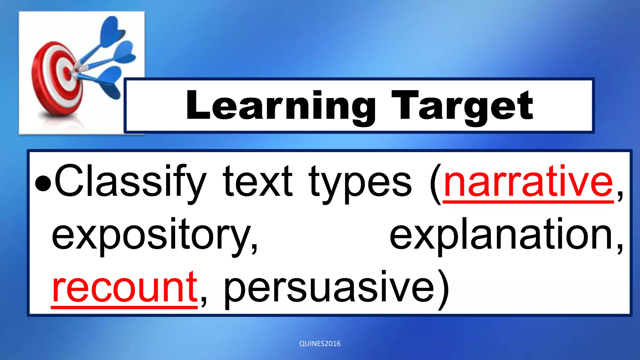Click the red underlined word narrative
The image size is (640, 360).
pos(528,183)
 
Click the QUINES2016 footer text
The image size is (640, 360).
pos(320,344)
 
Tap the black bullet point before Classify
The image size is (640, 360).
pos(43,184)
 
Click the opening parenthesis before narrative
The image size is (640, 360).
pos(436,184)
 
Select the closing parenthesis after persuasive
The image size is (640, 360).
pos(443,289)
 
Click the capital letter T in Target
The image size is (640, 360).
pos(405,105)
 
